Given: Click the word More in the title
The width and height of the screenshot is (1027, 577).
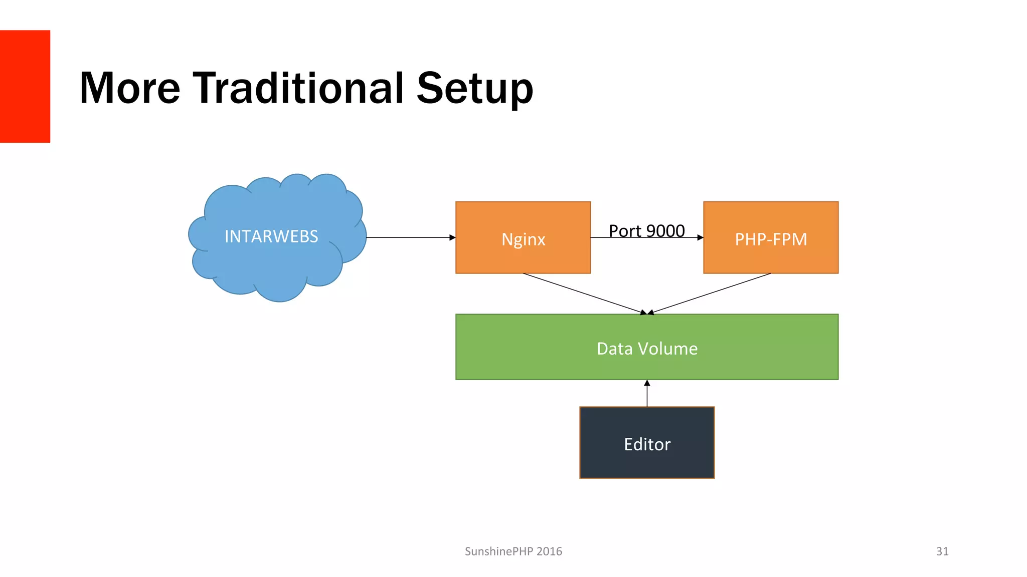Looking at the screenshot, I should (129, 88).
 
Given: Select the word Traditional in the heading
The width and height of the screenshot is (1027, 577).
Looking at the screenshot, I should (298, 88).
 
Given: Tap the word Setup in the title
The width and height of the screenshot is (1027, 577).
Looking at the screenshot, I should (474, 89).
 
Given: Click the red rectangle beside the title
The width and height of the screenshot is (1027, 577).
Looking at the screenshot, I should (25, 86).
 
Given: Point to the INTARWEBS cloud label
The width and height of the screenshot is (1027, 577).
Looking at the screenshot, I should (271, 236).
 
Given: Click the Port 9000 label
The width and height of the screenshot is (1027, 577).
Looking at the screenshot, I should (646, 231).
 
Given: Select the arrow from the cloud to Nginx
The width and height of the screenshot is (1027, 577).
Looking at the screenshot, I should (409, 237).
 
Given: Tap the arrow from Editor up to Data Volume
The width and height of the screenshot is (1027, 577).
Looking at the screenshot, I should (647, 394).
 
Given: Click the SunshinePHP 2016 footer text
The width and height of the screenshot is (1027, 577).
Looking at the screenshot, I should (513, 551).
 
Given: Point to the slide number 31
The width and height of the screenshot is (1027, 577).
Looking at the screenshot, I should (942, 551).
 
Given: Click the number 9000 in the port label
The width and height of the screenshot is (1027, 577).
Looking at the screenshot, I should (665, 231).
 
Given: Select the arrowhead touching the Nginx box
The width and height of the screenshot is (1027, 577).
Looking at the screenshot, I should (452, 237).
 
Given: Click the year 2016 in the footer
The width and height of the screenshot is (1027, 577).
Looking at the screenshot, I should (549, 551).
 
